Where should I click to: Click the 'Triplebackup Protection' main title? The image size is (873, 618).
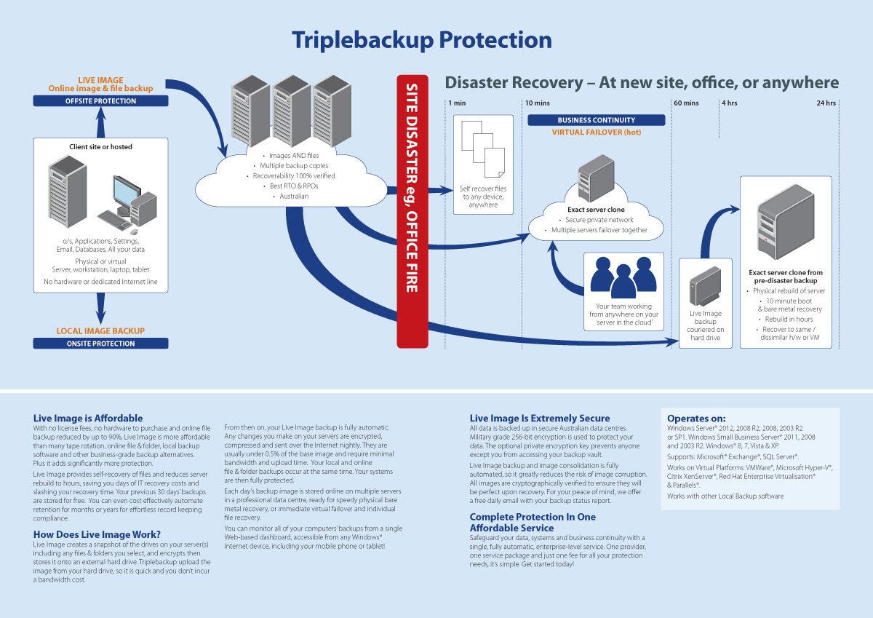[421, 39]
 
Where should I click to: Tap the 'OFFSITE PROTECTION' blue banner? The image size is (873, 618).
[100, 100]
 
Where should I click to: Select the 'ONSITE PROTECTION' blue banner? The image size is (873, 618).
[100, 344]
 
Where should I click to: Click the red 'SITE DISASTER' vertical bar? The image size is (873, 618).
[412, 211]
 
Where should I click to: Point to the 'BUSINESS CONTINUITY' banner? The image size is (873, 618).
[596, 120]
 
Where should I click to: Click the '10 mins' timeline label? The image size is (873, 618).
[538, 103]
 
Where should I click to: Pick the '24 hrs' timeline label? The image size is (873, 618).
[826, 103]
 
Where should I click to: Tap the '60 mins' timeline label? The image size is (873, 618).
[686, 103]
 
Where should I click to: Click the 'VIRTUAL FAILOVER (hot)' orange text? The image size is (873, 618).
[596, 132]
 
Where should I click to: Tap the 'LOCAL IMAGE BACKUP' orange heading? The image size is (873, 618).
[100, 331]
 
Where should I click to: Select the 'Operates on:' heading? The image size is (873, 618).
[696, 419]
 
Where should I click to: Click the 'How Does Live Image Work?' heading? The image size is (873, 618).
[97, 534]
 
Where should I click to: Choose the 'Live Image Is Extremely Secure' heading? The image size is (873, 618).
[540, 419]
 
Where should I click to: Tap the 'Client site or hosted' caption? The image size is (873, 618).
[100, 146]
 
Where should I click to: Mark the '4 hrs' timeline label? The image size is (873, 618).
[729, 103]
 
